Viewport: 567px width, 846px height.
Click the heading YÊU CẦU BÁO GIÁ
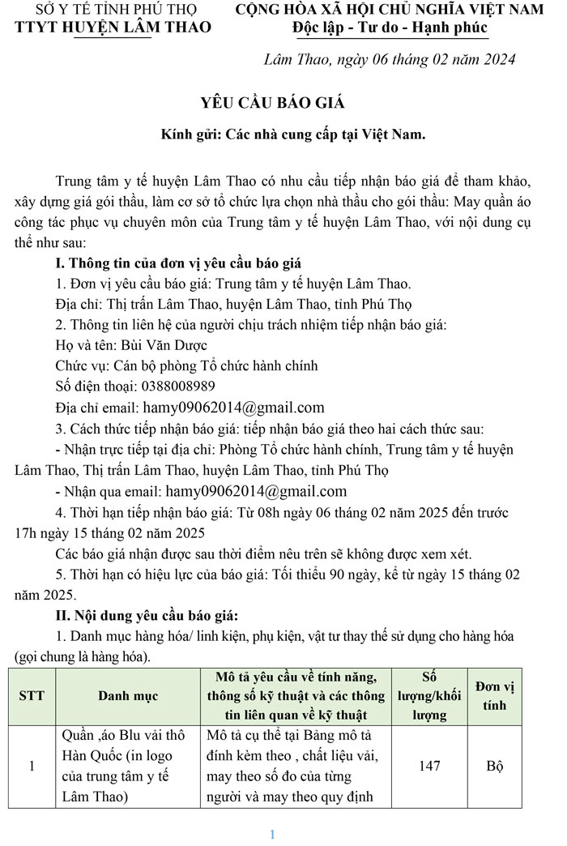pos(273,103)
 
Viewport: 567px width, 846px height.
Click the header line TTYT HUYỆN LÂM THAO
pos(113,28)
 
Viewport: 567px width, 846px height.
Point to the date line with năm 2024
pos(390,60)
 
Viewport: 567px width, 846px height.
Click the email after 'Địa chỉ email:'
pos(233,408)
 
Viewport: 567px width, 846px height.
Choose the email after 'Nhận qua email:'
pos(256,491)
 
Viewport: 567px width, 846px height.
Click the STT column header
pos(32,696)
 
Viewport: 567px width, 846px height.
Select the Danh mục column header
pos(128,696)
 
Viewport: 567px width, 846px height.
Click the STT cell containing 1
pos(32,766)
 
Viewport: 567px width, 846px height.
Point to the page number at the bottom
pos(273,835)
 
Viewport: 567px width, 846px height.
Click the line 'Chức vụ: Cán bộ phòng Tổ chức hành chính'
pos(186,365)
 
